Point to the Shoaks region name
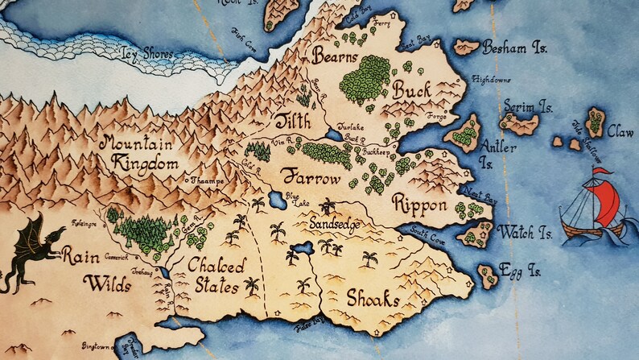373,299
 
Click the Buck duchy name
413,89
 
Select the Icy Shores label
146,54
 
